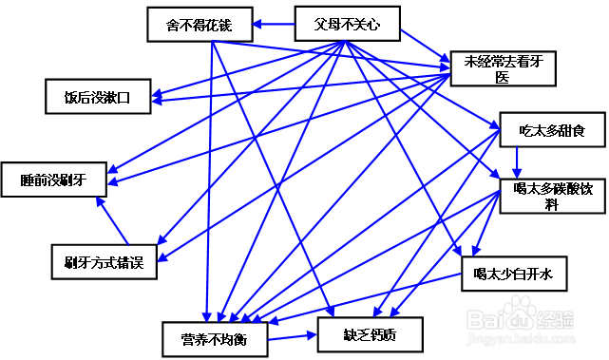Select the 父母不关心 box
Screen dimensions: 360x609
(347, 25)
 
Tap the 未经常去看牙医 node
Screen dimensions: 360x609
(502, 69)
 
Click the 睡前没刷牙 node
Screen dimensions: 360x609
(54, 177)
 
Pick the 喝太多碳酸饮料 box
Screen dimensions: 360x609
(552, 194)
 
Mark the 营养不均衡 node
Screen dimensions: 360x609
(215, 338)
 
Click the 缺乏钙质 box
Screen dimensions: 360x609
(370, 334)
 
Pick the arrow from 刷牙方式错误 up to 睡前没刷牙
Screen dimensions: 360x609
(114, 220)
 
